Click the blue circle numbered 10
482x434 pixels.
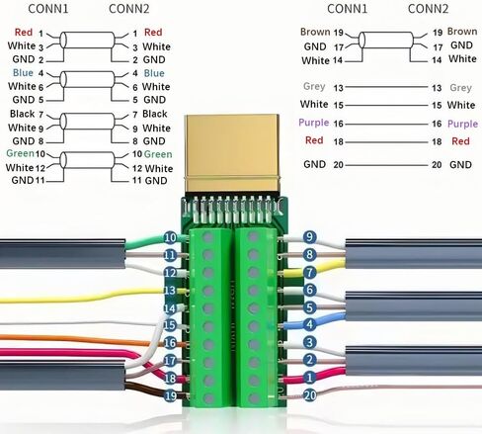170,237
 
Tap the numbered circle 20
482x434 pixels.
309,395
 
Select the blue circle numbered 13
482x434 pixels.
170,291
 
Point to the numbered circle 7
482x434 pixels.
309,272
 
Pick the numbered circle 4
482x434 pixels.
309,324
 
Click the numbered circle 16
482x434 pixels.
170,343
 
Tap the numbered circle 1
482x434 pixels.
309,378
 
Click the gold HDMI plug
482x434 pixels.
232,153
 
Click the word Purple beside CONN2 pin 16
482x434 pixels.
462,125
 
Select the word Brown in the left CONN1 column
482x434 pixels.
315,32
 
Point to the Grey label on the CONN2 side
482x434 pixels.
460,88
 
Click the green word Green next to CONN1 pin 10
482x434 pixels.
20,153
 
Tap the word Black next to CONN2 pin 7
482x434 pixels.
155,114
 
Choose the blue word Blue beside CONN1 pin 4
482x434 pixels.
23,73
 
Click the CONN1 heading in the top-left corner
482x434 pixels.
48,9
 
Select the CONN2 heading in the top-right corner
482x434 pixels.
428,9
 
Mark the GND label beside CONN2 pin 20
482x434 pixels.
460,165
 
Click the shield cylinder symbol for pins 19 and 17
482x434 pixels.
386,41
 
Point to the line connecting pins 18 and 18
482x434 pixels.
386,142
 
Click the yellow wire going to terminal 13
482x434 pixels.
82,296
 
